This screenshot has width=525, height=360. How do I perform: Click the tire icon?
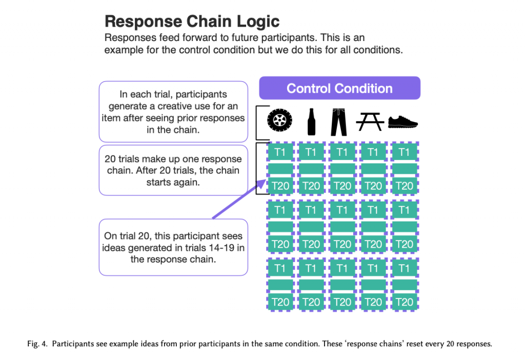click(x=280, y=122)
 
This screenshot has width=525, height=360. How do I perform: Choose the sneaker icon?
click(x=403, y=122)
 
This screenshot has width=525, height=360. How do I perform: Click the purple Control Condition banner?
click(x=339, y=88)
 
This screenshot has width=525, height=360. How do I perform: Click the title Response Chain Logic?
click(x=192, y=22)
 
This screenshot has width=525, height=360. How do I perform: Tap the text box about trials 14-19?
click(x=173, y=248)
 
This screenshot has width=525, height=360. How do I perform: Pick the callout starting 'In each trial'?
click(x=173, y=112)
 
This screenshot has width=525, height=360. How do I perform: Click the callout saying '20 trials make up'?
click(x=173, y=170)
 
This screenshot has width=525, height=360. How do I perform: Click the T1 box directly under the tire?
click(x=280, y=152)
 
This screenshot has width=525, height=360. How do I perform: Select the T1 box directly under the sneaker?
click(x=405, y=152)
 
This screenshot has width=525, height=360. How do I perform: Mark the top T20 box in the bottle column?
click(x=311, y=186)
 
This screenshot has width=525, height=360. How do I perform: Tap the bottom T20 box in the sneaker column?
click(x=405, y=302)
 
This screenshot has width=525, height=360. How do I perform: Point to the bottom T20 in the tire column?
click(x=280, y=302)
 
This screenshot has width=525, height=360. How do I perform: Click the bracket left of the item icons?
click(x=258, y=123)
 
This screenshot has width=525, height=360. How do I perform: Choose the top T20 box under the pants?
click(x=342, y=186)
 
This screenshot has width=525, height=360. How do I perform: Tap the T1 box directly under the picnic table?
click(x=373, y=152)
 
